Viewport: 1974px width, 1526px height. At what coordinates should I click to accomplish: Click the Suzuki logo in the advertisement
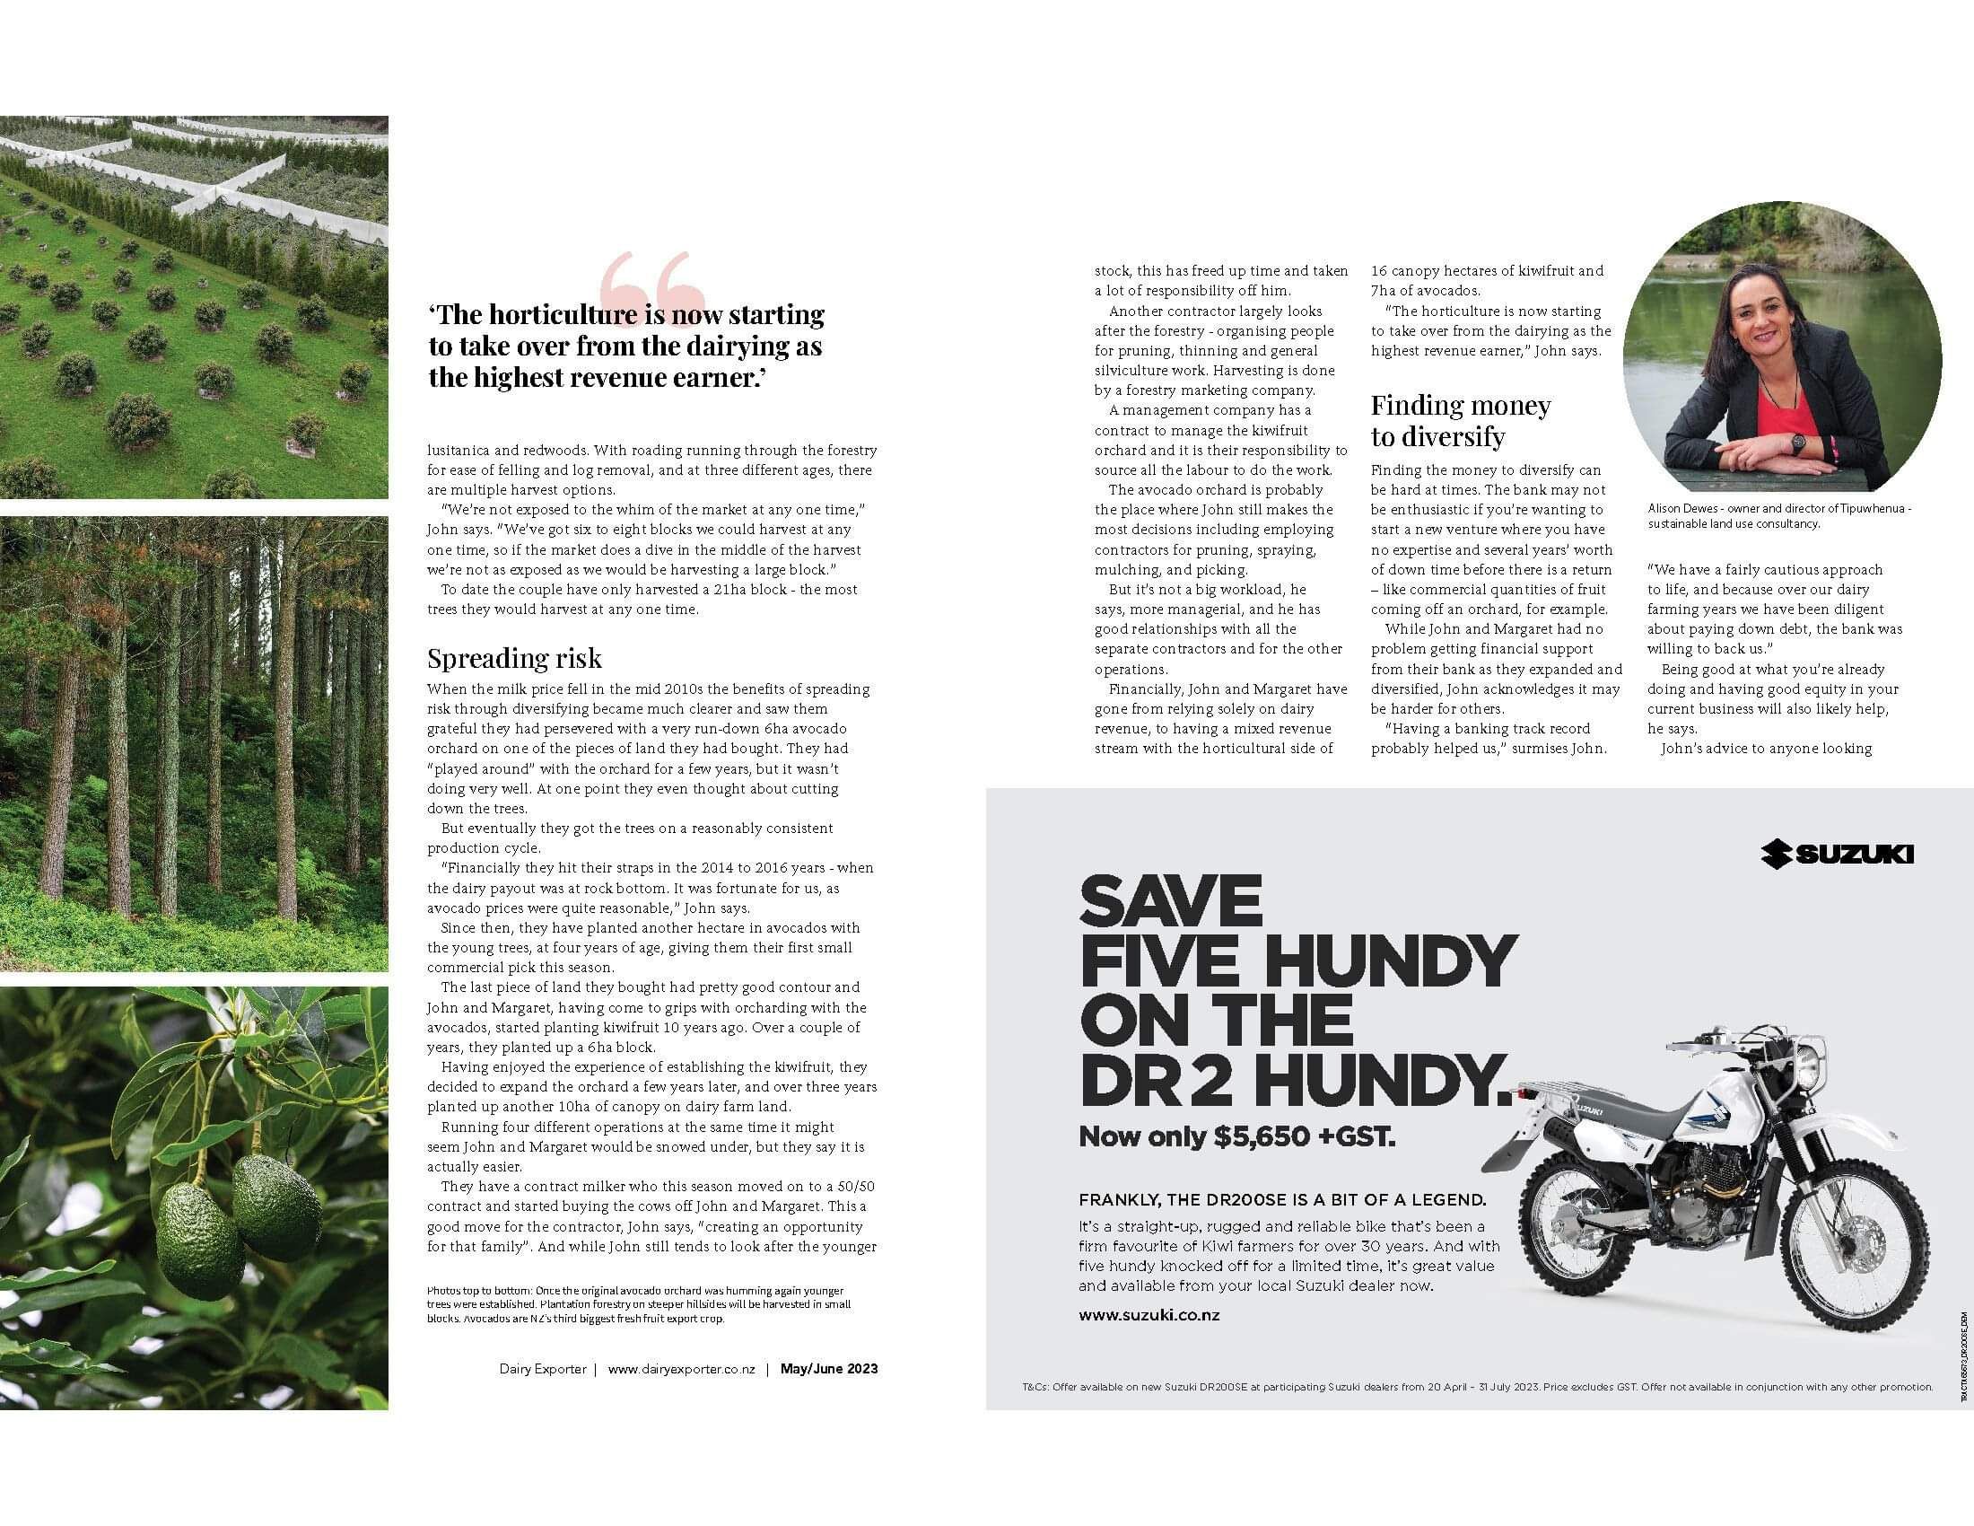coord(1837,855)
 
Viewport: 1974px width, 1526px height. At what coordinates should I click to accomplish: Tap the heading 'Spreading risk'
coord(514,658)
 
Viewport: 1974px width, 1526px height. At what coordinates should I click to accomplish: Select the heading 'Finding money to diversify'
coord(1460,420)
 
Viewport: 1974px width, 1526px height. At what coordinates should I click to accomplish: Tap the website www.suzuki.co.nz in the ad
coord(1149,1315)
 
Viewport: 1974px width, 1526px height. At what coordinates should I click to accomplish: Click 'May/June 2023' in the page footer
coord(829,1369)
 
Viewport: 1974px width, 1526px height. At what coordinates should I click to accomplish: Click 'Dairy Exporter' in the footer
coord(542,1369)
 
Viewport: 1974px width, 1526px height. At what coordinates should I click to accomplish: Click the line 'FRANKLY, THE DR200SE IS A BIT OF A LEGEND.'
coord(1281,1199)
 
